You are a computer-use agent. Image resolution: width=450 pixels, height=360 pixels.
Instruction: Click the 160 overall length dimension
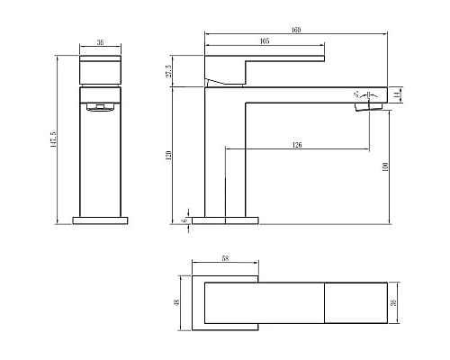[x=296, y=31]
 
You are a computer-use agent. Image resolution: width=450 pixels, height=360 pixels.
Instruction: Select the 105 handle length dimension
[x=265, y=41]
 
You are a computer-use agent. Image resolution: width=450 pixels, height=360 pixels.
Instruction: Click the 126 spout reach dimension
[x=296, y=144]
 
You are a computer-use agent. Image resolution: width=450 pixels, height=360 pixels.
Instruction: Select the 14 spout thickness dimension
[x=398, y=92]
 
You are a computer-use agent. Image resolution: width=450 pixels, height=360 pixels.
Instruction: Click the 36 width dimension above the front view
[x=100, y=41]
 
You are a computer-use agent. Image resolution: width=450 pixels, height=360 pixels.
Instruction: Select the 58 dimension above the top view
[x=225, y=259]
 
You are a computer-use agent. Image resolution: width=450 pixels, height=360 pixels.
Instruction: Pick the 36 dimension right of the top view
[x=393, y=303]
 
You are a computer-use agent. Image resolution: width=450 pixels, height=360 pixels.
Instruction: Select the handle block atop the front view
[x=100, y=70]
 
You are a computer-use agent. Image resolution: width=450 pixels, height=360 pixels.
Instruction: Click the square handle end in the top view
[x=354, y=303]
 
